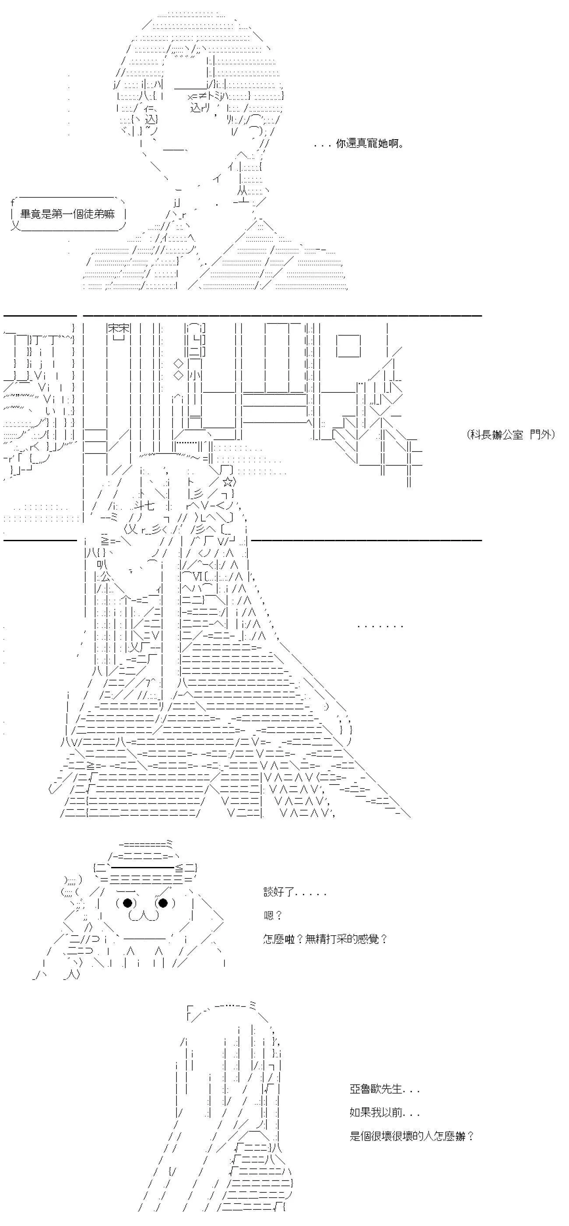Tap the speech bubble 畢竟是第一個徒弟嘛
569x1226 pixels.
[67, 214]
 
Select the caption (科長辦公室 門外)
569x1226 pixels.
[511, 434]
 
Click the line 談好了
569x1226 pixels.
[295, 892]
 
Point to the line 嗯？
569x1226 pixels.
[273, 915]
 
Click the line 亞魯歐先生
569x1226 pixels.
[384, 1089]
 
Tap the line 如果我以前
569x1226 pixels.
[384, 1113]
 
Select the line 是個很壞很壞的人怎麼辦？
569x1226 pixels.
[411, 1136]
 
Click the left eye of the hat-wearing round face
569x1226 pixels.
[127, 902]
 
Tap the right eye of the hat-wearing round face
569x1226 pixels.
[163, 902]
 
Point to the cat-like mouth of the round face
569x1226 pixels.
[144, 915]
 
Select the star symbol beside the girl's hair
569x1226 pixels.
[228, 482]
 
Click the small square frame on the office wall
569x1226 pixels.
[349, 346]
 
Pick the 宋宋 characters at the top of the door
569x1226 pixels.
[119, 328]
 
